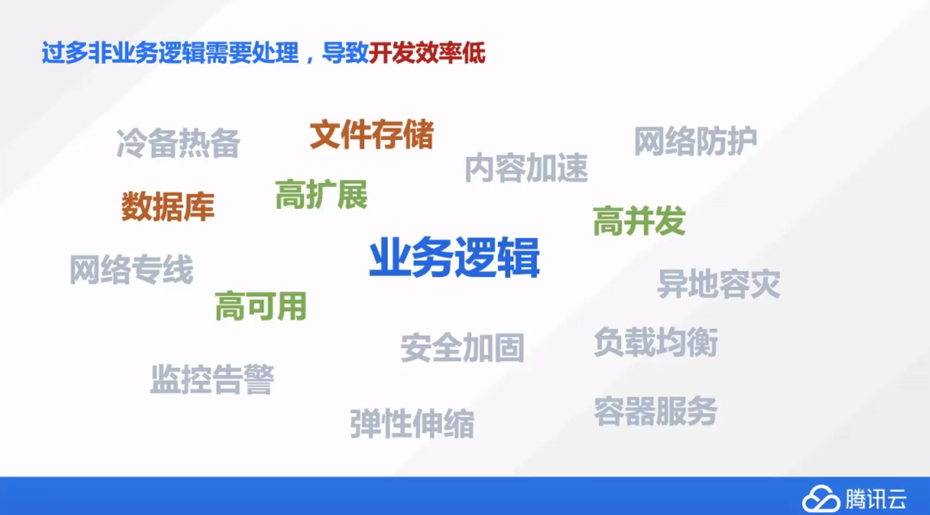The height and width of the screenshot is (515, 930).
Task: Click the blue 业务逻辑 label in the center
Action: coord(454,257)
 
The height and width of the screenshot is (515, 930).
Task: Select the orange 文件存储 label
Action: coord(372,134)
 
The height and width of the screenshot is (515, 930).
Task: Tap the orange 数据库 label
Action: coord(168,206)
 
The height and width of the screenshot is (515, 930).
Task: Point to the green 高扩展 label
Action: coord(321,194)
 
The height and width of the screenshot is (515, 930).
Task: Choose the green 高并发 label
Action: coord(639,221)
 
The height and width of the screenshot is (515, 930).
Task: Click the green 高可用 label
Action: coord(261,306)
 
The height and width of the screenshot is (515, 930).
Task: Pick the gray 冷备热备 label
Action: coord(178,143)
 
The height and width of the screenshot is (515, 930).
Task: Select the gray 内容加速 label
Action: coord(526,168)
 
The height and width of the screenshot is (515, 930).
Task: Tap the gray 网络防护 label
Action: coord(695,141)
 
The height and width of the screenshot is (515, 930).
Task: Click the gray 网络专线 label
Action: coord(131,269)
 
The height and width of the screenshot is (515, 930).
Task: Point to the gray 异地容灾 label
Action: coord(719,283)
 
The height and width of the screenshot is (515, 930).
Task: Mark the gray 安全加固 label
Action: coord(463,347)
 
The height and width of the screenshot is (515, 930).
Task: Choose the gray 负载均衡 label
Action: coord(656,342)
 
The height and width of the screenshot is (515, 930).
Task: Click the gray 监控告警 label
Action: coord(212,379)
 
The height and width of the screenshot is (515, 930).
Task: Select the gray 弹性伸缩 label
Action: coord(412,423)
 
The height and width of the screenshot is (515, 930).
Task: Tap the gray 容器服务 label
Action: coord(656,412)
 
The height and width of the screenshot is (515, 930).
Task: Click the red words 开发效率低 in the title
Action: coord(427,53)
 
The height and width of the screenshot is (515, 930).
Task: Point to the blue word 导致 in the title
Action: coord(345,53)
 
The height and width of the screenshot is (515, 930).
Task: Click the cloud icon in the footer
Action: coord(821,498)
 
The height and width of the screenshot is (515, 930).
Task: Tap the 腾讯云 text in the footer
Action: coord(876,499)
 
